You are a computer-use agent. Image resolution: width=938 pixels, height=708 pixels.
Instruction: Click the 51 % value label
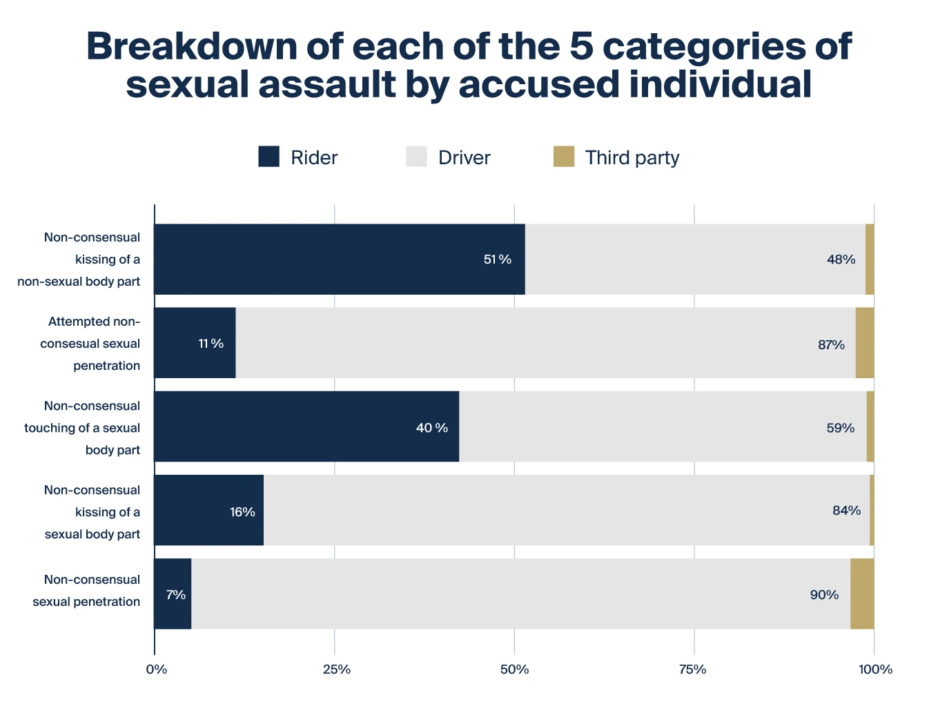497,259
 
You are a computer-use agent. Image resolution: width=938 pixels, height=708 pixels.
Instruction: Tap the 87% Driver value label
831,344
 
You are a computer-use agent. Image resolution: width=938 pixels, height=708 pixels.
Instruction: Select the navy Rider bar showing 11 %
195,343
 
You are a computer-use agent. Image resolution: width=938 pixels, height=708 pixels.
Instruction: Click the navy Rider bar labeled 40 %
306,426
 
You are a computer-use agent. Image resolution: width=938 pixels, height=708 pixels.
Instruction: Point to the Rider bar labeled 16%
208,511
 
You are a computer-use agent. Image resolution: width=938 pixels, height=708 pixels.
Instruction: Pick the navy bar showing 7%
173,594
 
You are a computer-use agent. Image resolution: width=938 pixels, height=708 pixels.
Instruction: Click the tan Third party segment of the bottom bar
862,594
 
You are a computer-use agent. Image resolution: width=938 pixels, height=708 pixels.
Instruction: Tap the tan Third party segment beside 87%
864,343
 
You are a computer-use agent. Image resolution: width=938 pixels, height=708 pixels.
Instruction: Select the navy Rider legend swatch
268,157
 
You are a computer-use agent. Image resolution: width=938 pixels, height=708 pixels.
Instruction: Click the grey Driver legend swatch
416,157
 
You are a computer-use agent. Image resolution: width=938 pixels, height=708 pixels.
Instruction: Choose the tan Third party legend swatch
564,157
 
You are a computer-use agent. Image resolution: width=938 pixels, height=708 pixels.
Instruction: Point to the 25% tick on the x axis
336,669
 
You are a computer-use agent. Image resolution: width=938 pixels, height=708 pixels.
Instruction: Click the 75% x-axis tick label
692,669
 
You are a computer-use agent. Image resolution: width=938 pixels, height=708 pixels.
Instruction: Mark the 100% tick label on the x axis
875,669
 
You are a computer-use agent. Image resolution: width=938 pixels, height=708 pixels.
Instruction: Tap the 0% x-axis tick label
156,669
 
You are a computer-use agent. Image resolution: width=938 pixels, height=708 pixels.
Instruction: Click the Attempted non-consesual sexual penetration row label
90,344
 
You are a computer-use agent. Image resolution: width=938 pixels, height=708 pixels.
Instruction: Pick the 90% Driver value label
824,595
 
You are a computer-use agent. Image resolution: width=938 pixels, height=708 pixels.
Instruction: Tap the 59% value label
840,428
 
